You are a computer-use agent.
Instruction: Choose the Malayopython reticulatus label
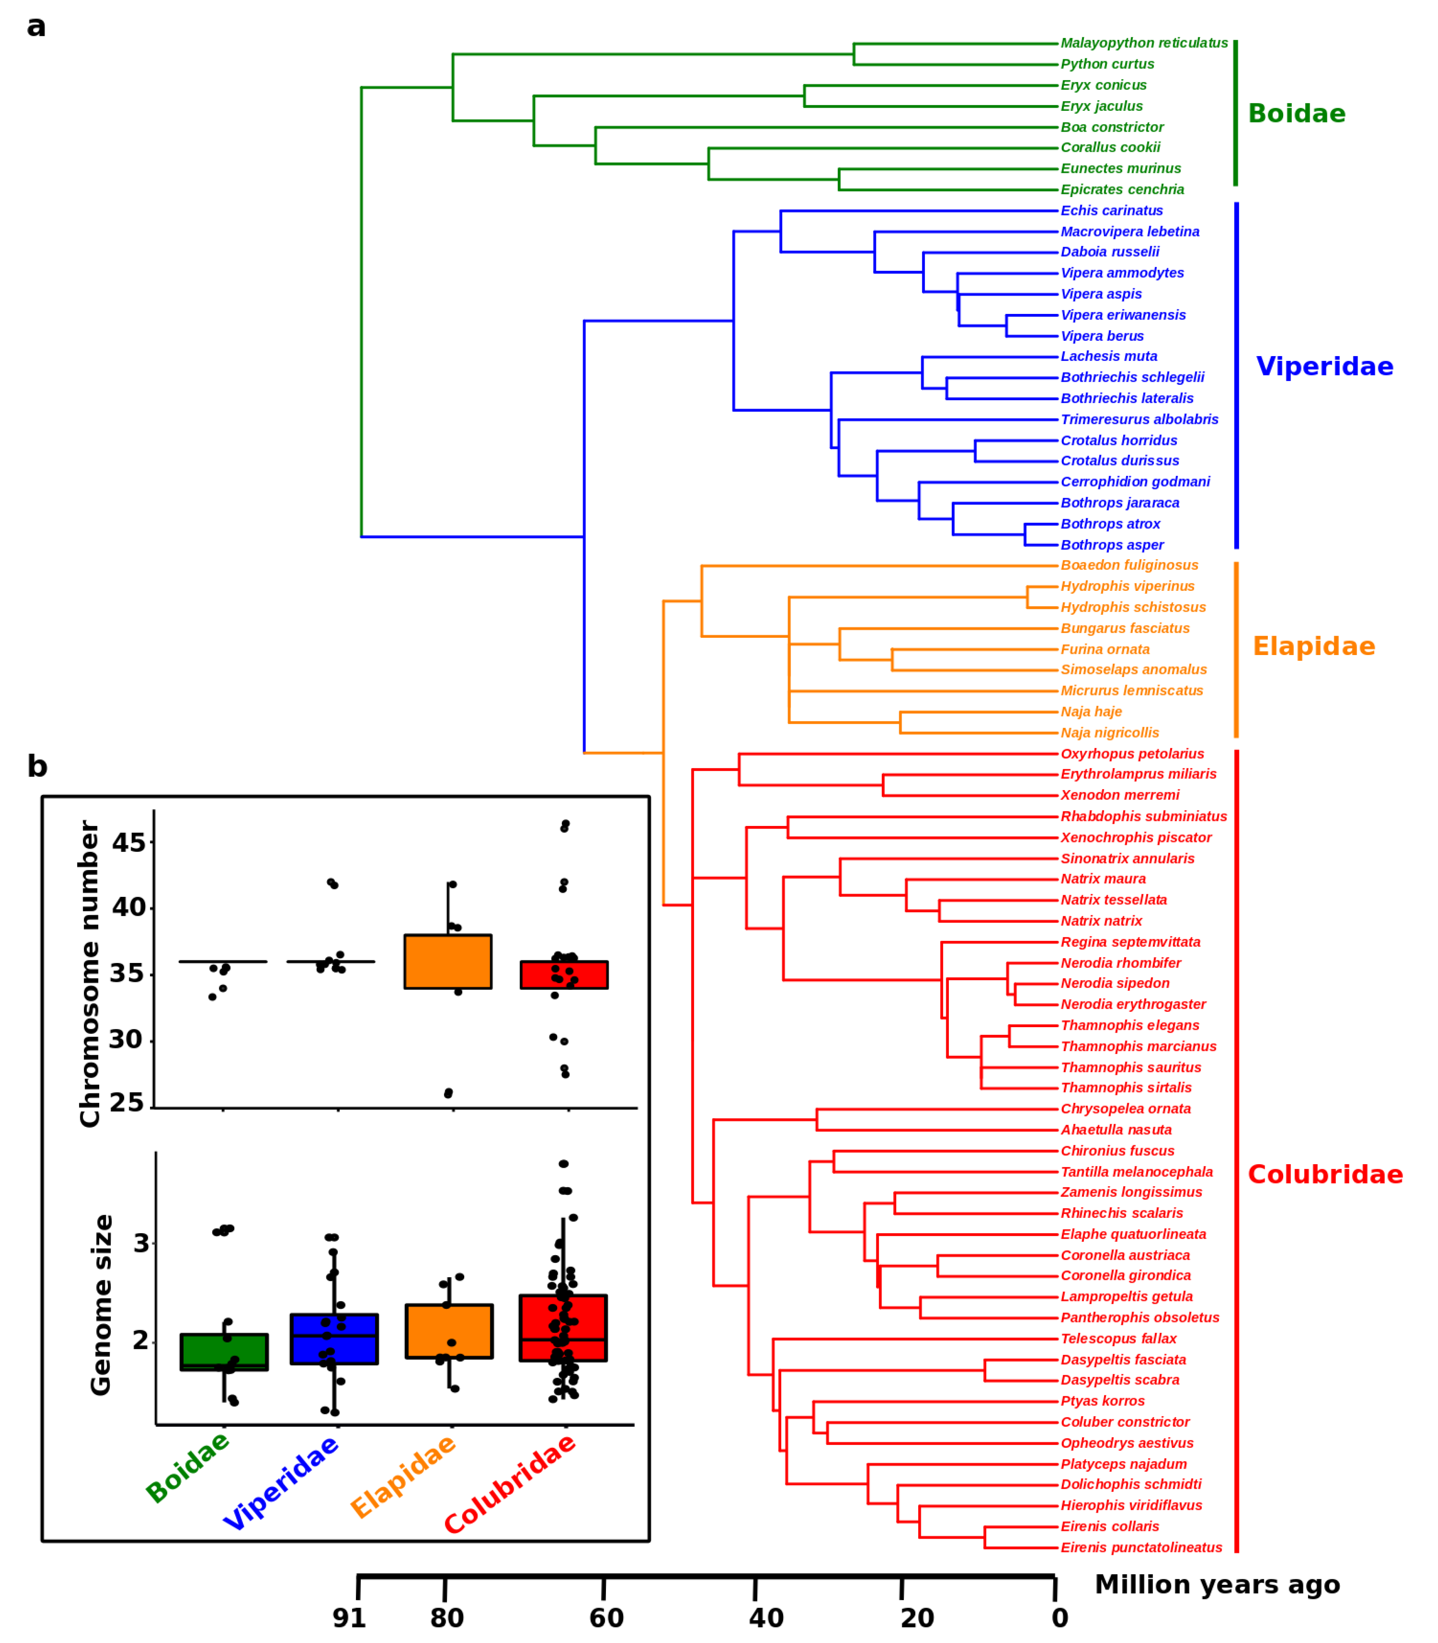pyautogui.click(x=1144, y=43)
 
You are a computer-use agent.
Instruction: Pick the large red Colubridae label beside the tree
pyautogui.click(x=1325, y=1175)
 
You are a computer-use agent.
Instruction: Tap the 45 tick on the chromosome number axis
pyautogui.click(x=128, y=843)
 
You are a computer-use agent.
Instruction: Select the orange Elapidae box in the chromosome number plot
pyautogui.click(x=448, y=961)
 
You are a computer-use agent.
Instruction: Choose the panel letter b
pyautogui.click(x=37, y=767)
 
